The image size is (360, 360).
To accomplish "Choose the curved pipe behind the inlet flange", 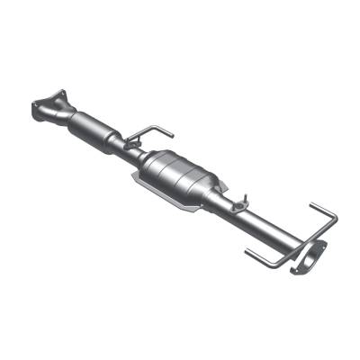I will click(x=68, y=117).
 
